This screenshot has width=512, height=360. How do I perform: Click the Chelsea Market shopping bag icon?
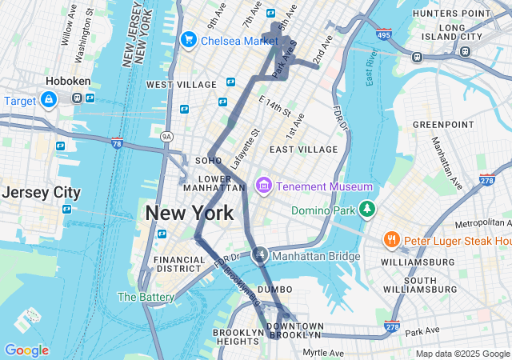[190, 39]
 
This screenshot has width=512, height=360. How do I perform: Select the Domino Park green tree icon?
[366, 210]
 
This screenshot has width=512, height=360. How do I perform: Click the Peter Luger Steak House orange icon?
[391, 239]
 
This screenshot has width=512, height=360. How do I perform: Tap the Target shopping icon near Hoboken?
[48, 99]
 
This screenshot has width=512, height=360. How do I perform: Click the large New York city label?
[190, 213]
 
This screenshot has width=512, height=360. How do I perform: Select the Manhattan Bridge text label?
[316, 256]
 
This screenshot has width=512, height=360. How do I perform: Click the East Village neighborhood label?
[303, 150]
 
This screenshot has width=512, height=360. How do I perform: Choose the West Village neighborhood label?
[182, 85]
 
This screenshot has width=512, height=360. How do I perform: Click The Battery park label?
[146, 297]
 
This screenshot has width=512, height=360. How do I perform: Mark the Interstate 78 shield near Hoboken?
[117, 143]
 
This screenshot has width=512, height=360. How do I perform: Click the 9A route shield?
[166, 137]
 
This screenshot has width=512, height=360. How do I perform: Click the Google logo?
[26, 350]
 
